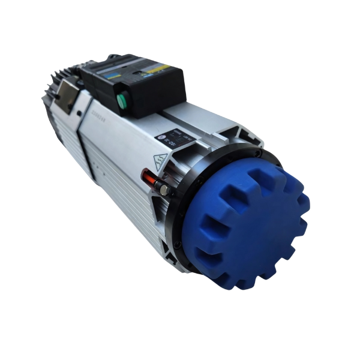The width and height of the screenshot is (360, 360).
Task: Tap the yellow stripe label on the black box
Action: tap(158, 68)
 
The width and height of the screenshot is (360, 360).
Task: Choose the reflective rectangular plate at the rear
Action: tap(67, 94)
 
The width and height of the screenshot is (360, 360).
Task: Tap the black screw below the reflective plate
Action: tap(78, 113)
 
